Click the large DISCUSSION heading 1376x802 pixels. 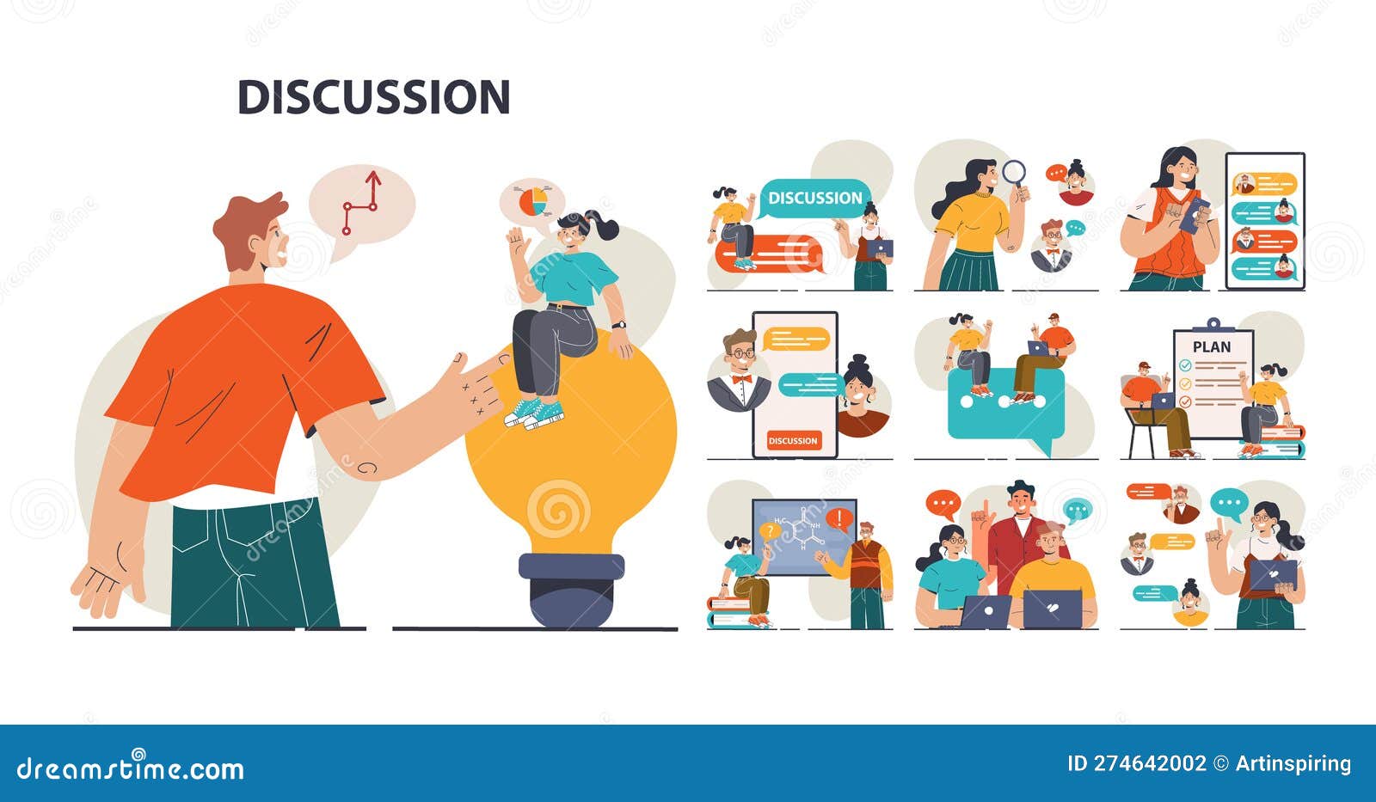373,96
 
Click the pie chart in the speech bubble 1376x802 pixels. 533,201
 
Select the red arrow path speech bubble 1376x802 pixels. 361,206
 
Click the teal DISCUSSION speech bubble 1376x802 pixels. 814,198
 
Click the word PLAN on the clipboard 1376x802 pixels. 1212,347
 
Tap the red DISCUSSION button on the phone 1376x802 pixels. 793,441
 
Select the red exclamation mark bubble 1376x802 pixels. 839,518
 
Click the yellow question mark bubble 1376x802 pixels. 769,531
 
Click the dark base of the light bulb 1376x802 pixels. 570,590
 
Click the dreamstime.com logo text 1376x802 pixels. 131,767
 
